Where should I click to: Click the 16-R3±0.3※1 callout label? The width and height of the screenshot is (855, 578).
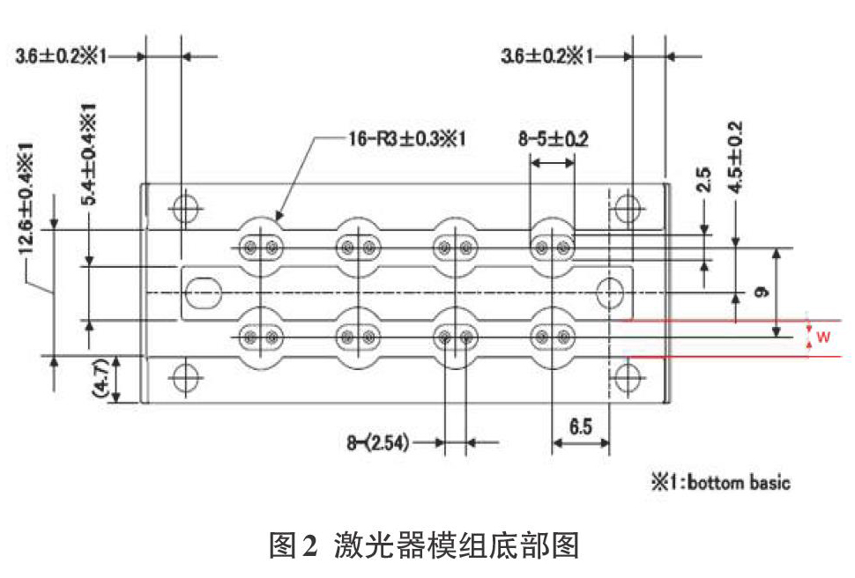click(x=406, y=138)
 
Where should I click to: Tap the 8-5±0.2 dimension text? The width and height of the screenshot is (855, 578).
click(x=553, y=139)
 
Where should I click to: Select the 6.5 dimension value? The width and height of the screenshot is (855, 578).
click(x=581, y=426)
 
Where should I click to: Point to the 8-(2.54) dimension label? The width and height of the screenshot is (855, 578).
click(x=378, y=442)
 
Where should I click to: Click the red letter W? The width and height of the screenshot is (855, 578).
click(x=823, y=337)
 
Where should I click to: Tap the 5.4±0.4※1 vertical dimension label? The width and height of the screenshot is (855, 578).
click(x=89, y=154)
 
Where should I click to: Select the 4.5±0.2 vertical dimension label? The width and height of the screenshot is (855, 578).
click(x=736, y=158)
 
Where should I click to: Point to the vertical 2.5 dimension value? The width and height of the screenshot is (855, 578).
click(x=704, y=180)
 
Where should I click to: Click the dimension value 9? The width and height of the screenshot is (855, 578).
click(x=762, y=293)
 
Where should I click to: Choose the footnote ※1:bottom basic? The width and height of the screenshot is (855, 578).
click(x=720, y=482)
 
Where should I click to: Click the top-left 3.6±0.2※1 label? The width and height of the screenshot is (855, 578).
click(x=62, y=56)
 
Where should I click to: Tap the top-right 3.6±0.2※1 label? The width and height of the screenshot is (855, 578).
click(x=546, y=56)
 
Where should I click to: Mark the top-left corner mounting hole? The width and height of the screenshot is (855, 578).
click(x=185, y=208)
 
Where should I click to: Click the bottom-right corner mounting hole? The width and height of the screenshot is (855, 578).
click(x=628, y=377)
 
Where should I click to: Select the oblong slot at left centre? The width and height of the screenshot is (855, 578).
click(x=203, y=293)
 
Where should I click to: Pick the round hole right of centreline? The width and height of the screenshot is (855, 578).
click(x=610, y=293)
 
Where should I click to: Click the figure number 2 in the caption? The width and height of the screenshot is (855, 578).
click(x=309, y=545)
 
